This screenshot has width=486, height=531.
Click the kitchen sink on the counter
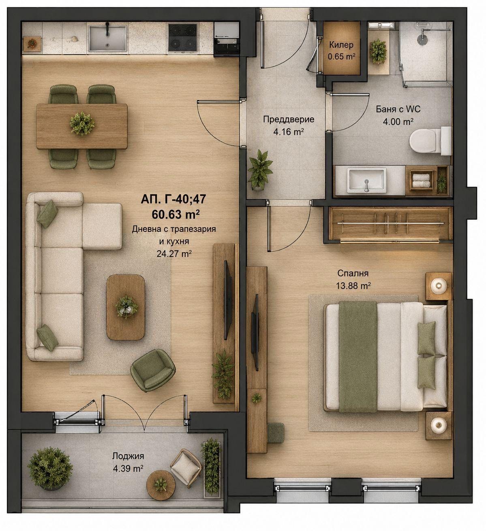tap(107, 38)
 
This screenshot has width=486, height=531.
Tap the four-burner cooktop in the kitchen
tap(183, 37)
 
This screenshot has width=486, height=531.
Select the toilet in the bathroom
tap(430, 140)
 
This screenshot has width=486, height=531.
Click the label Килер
tap(341, 45)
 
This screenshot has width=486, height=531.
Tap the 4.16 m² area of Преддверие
tap(289, 131)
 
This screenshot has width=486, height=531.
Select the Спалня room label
tap(353, 273)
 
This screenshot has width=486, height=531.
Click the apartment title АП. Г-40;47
tap(173, 199)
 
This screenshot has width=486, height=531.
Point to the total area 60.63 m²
tap(175, 214)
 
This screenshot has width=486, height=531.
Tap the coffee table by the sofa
tap(126, 307)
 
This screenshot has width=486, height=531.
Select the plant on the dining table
tap(82, 123)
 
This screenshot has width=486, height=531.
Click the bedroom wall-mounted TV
tap(255, 332)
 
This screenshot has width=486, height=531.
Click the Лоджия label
tap(128, 456)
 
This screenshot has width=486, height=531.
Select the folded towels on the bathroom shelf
tap(421, 181)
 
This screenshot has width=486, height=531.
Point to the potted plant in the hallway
tap(260, 170)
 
